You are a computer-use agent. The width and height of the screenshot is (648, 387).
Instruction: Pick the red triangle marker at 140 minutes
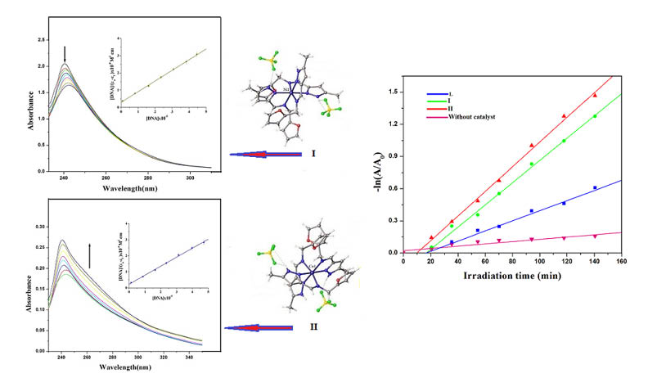tap(595, 96)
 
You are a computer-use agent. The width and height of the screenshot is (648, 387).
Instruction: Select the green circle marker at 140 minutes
tap(595, 116)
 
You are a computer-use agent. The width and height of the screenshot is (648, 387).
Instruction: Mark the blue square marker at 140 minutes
tap(595, 187)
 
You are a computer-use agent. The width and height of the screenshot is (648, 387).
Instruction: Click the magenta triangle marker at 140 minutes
tap(595, 236)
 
